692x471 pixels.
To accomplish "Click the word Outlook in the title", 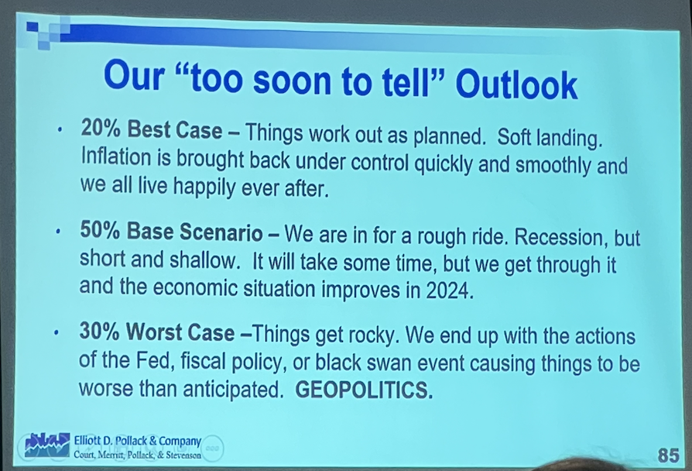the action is coord(516,85).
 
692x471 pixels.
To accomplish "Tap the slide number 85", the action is coord(668,455).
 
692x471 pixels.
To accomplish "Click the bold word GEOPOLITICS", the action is coord(364,390).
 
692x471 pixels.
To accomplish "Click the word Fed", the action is coord(152,360).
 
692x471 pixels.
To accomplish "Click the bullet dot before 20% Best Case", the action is coord(59,130).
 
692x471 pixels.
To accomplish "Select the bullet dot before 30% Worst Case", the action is coord(57,332).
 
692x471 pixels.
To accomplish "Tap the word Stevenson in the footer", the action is coord(183,455).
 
